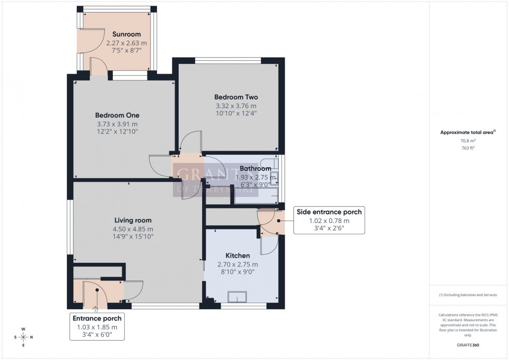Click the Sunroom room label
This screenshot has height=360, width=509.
pyautogui.click(x=116, y=35)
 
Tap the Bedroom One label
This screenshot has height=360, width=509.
pyautogui.click(x=117, y=115)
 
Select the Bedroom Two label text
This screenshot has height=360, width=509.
pyautogui.click(x=236, y=97)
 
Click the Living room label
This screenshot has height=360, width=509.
pyautogui.click(x=133, y=220)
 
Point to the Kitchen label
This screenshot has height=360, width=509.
pyautogui.click(x=237, y=256)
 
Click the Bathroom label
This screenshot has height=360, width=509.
pyautogui.click(x=255, y=169)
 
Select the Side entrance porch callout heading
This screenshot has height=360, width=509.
pyautogui.click(x=329, y=211)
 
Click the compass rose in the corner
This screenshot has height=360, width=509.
pyautogui.click(x=23, y=337)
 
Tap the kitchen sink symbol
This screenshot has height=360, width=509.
pyautogui.click(x=238, y=297)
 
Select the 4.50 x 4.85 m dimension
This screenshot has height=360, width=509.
pyautogui.click(x=133, y=229)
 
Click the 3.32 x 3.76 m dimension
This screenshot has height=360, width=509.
pyautogui.click(x=236, y=105)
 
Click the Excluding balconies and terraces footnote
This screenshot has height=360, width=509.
pyautogui.click(x=468, y=295)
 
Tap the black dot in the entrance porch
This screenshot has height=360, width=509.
pyautogui.click(x=97, y=291)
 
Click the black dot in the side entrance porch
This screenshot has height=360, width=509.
pyautogui.click(x=278, y=220)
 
